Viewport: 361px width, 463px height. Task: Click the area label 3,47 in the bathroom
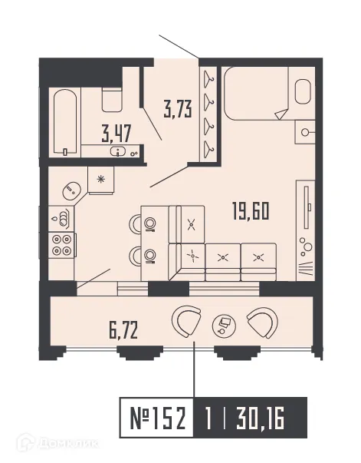click(x=117, y=135)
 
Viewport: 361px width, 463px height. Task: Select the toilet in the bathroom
click(x=113, y=98)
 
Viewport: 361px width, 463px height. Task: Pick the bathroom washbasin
click(x=120, y=151)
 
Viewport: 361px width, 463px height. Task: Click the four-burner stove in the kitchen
click(x=61, y=244)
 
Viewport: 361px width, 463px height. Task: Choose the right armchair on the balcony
click(x=263, y=322)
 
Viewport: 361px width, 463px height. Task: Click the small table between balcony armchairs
click(x=225, y=326)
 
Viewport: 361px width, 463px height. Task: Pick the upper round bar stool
click(x=150, y=223)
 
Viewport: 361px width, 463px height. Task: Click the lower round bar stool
click(x=150, y=253)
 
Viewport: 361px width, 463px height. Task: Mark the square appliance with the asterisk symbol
click(x=100, y=179)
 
